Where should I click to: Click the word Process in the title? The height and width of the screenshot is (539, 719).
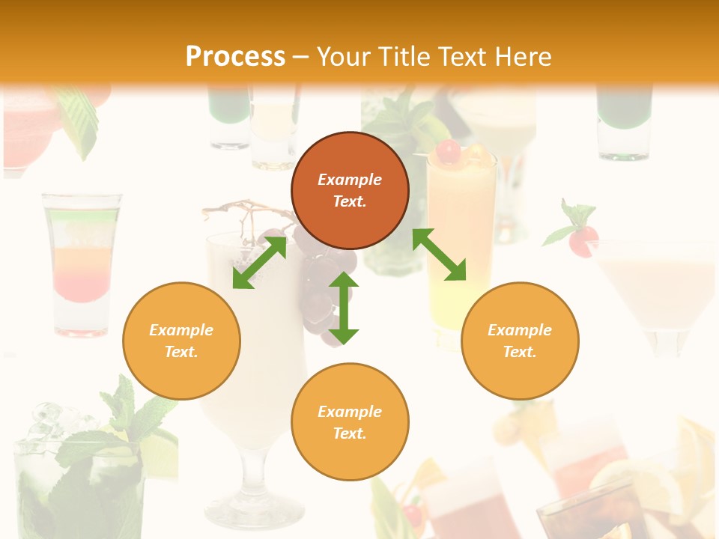click(x=235, y=57)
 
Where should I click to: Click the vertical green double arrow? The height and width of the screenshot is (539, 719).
click(x=344, y=308)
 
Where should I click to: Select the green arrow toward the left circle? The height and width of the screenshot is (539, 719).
click(x=259, y=263)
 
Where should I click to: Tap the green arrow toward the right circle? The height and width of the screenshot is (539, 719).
click(x=439, y=255)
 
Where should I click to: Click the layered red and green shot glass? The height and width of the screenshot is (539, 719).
click(x=82, y=262)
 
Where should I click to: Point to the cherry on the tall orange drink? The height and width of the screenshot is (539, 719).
click(x=449, y=152)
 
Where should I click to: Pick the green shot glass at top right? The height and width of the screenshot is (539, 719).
click(x=624, y=124)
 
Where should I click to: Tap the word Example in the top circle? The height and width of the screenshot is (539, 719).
click(x=350, y=180)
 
